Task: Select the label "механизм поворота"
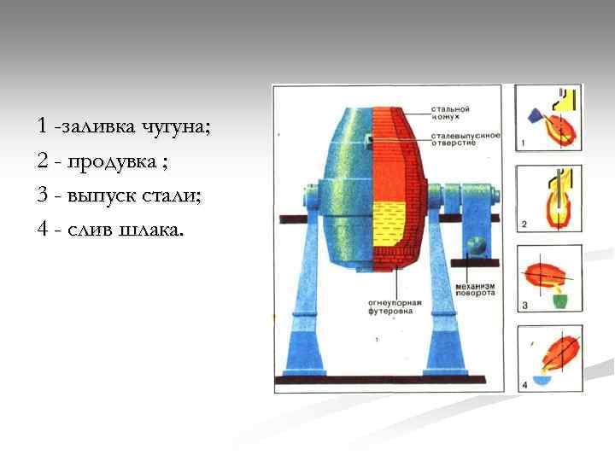click(x=475, y=288)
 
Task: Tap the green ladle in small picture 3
click(x=558, y=300)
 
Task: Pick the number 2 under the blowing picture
click(x=524, y=224)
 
